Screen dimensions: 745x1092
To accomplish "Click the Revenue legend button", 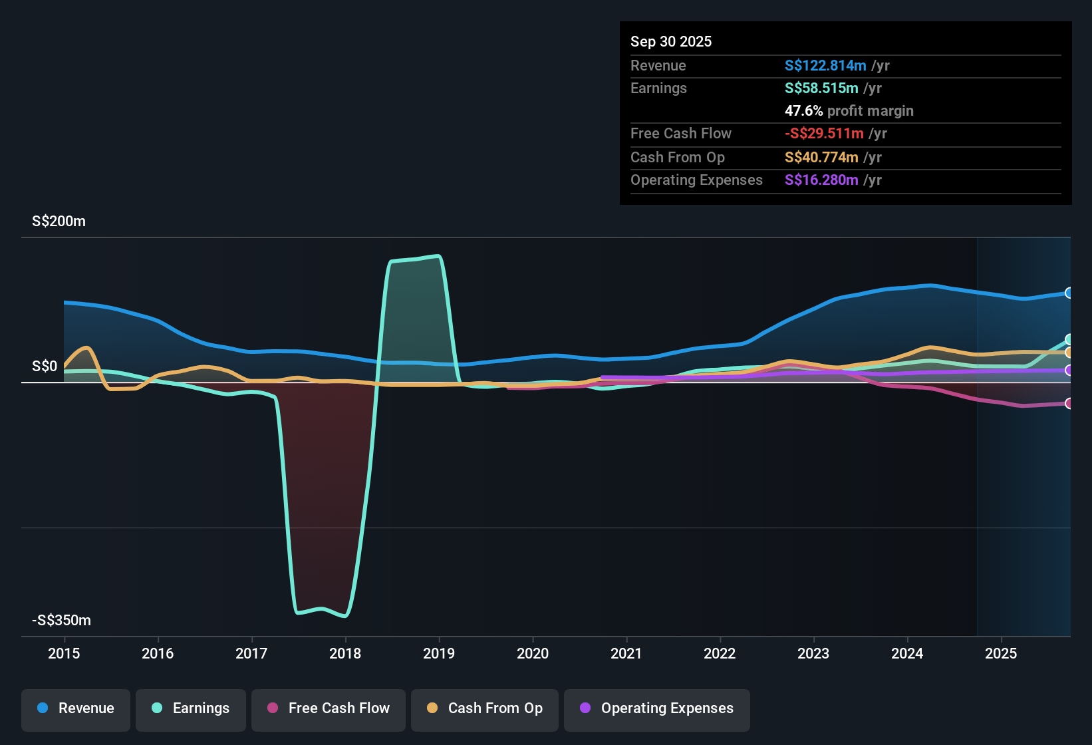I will [x=76, y=708].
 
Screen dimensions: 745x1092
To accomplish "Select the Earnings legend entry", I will [x=191, y=708].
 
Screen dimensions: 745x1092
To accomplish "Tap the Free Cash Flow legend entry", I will [x=329, y=708].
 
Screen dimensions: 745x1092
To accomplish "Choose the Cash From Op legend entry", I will [x=485, y=708].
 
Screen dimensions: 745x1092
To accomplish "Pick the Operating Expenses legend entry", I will [x=657, y=708].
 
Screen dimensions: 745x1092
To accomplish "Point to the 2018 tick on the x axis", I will [x=345, y=653].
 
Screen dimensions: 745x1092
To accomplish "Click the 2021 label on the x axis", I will [x=626, y=653].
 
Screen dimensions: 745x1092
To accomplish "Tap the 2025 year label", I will [x=1001, y=653].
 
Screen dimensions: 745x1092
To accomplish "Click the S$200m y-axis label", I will [x=59, y=222].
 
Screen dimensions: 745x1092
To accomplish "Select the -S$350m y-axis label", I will [x=61, y=621].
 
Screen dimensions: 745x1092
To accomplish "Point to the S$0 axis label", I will [x=45, y=367].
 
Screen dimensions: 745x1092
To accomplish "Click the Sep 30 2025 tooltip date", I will [x=670, y=42].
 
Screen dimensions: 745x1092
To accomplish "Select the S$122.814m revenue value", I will [x=825, y=66].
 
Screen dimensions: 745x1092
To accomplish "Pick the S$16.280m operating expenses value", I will [x=821, y=180].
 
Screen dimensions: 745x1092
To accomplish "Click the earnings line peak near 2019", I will [x=437, y=256].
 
